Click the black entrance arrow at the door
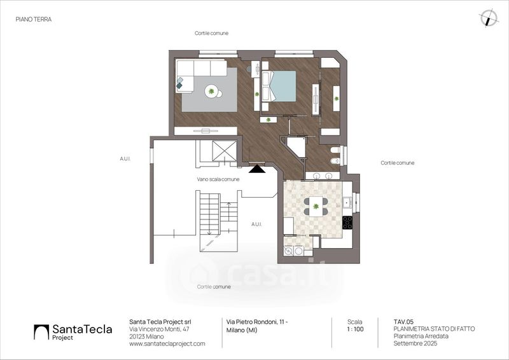(258, 169)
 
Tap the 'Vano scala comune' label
(218, 180)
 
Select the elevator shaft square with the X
(225, 151)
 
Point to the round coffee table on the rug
(212, 92)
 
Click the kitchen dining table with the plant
(316, 204)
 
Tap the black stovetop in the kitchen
(347, 223)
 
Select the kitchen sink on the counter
(347, 203)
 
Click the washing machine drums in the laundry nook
(293, 251)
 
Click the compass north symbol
(489, 18)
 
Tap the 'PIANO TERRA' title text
(33, 20)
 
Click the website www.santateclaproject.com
(167, 343)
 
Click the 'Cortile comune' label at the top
(211, 33)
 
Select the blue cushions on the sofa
(181, 83)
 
